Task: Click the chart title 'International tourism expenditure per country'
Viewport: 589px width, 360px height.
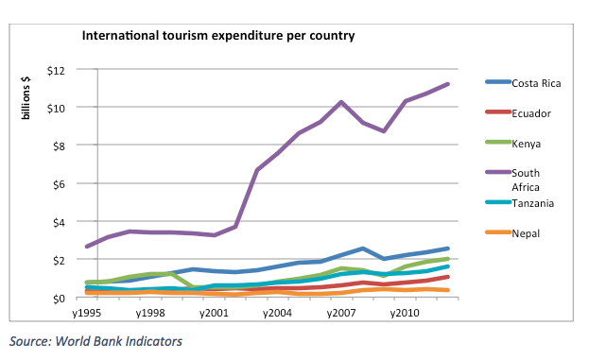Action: coord(218,37)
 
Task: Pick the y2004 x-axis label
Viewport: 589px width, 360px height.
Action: coord(278,312)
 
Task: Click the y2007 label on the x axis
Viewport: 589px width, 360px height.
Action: coord(340,312)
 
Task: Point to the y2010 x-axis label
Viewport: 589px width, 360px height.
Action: coord(403,312)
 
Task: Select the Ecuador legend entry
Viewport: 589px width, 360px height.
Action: coord(531,113)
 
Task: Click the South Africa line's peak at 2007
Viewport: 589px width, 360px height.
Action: coord(340,102)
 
